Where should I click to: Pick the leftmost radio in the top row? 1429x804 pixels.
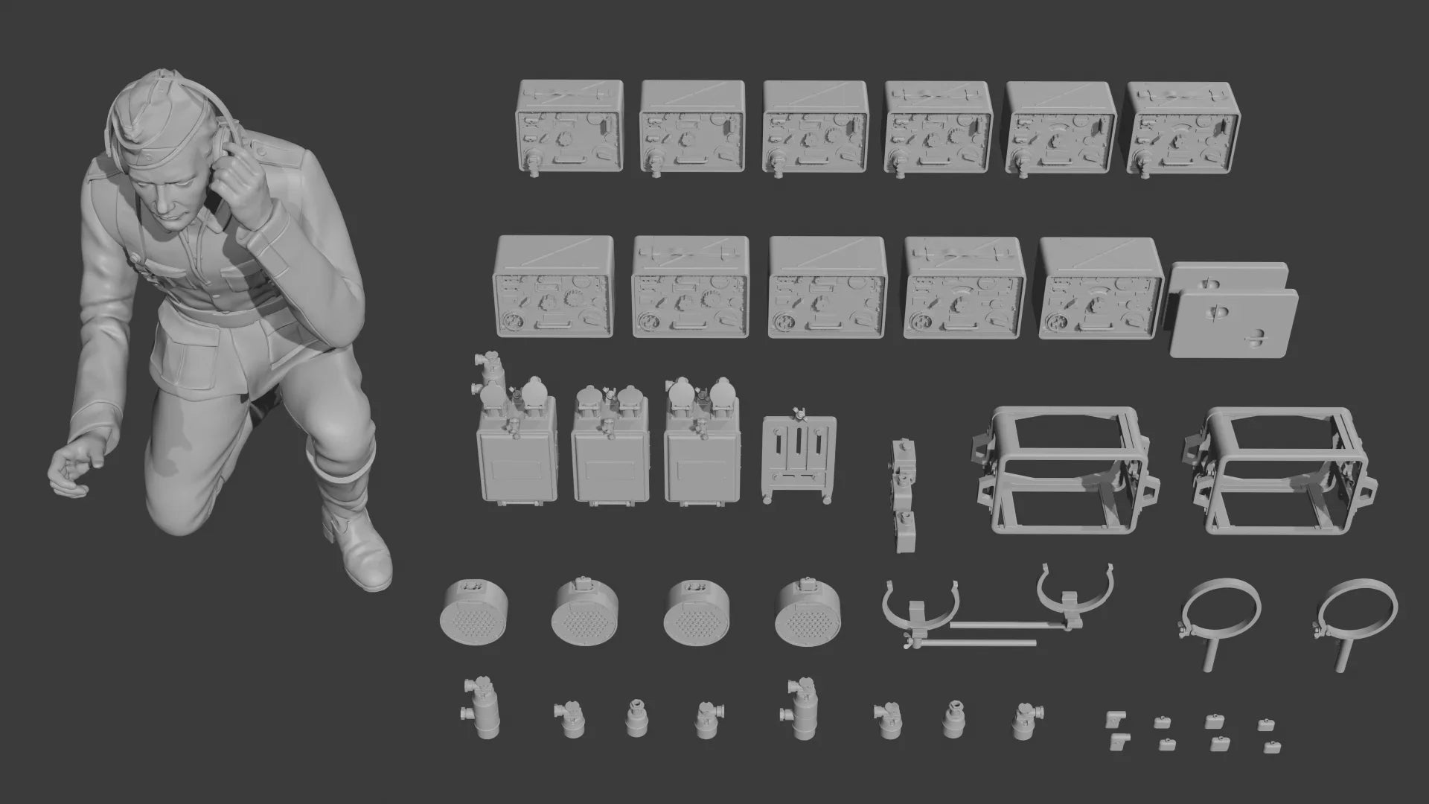tap(569, 127)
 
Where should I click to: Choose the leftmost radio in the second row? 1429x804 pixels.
tap(553, 287)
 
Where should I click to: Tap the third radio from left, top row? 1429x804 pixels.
tap(815, 127)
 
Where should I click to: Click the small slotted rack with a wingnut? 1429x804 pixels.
tap(799, 458)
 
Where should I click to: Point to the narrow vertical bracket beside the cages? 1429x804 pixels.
tap(904, 495)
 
